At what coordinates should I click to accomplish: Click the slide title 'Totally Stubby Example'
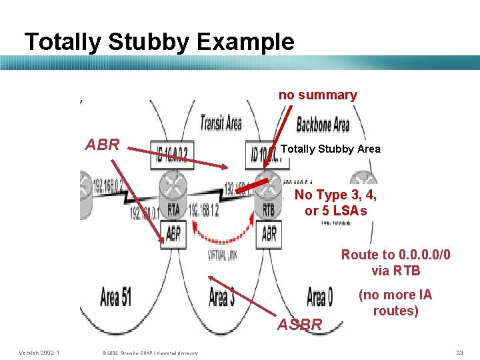(x=159, y=42)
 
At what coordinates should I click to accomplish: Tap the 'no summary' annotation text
(x=317, y=95)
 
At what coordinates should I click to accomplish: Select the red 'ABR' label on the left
(x=103, y=145)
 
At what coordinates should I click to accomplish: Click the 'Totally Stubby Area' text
(x=331, y=149)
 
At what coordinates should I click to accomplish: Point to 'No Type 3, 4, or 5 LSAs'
(x=335, y=203)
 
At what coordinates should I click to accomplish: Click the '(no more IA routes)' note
(x=395, y=303)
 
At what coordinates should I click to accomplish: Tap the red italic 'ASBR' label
(x=300, y=325)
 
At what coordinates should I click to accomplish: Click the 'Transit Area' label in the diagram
(x=221, y=123)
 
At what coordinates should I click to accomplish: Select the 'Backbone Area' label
(x=323, y=124)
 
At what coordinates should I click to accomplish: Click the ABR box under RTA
(x=173, y=234)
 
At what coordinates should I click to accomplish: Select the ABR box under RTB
(x=269, y=234)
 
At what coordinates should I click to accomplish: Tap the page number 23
(x=459, y=352)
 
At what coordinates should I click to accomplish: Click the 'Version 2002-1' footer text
(x=39, y=352)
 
